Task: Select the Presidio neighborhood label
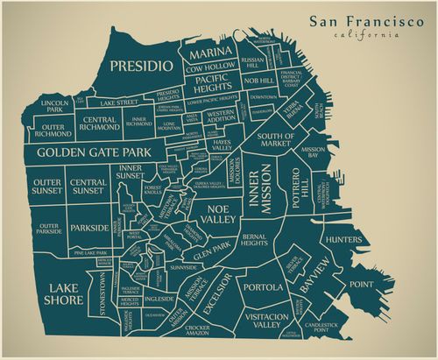(139, 66)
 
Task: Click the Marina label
(211, 53)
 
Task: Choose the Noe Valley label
(221, 215)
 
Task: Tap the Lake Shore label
(66, 293)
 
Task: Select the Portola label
(263, 287)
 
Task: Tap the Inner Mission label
(260, 187)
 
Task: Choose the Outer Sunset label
(47, 187)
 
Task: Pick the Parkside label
(89, 229)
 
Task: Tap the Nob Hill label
(259, 81)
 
